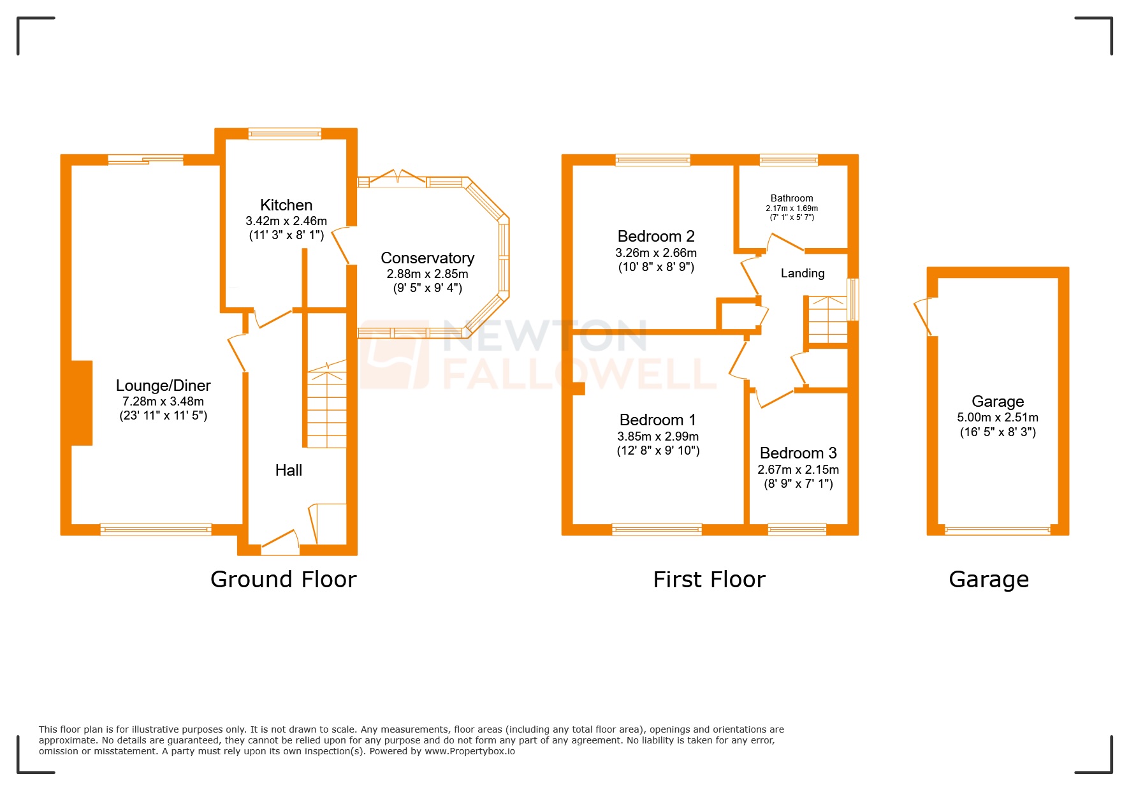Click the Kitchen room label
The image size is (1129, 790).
click(286, 205)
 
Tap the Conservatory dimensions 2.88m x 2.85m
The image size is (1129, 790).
click(427, 274)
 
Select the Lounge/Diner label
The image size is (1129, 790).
click(163, 385)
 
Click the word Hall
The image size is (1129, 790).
click(288, 471)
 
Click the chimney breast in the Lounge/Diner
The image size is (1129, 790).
click(81, 402)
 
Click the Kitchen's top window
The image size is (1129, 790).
click(284, 133)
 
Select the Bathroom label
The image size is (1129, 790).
click(792, 198)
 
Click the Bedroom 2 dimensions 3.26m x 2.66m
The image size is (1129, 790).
click(656, 252)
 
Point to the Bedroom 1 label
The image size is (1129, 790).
click(657, 420)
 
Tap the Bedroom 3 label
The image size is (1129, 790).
click(798, 453)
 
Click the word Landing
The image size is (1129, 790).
click(803, 274)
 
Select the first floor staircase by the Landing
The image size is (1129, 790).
click(827, 320)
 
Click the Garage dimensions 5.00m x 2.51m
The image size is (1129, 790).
click(997, 418)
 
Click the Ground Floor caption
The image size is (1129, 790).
click(283, 579)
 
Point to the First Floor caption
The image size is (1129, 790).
click(709, 579)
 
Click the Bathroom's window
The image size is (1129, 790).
click(789, 159)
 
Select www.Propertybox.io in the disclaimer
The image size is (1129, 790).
click(469, 751)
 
